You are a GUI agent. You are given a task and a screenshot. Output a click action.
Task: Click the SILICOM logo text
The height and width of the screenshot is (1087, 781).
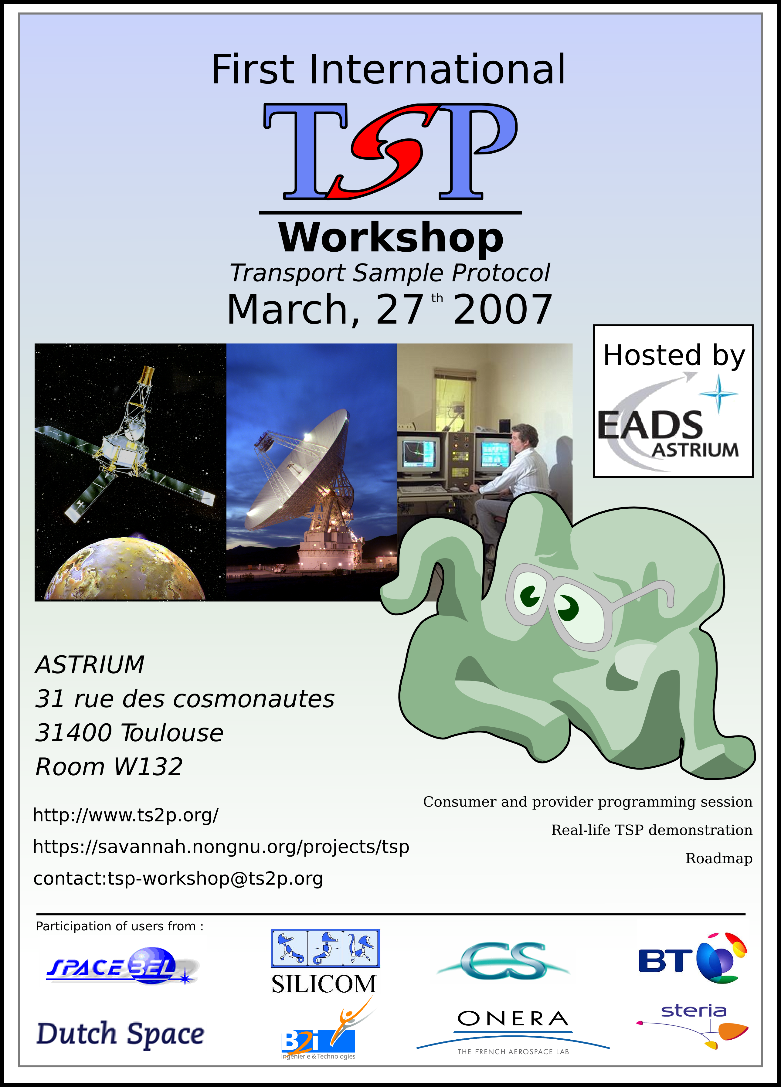324,984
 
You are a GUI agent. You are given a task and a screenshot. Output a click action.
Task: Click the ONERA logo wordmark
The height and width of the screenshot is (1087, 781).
513,1018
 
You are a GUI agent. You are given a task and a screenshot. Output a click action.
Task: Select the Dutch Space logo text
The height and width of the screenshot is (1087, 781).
120,1034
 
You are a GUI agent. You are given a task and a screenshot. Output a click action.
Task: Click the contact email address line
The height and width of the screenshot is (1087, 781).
178,878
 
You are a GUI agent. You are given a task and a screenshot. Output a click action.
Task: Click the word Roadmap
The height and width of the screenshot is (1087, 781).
719,858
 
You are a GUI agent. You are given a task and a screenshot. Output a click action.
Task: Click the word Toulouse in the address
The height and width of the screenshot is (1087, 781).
172,733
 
